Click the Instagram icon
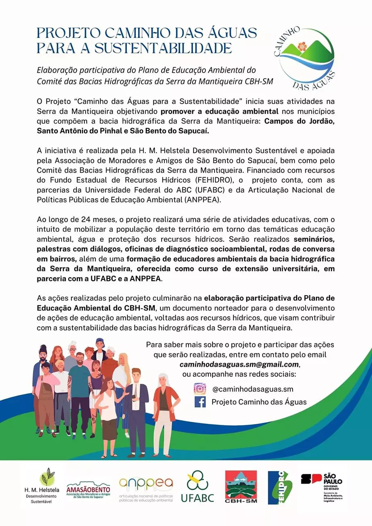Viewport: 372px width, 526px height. tap(200, 389)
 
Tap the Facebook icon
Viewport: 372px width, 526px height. tap(200, 402)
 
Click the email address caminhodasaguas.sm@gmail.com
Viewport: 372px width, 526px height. tap(239, 364)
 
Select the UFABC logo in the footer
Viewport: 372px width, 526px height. tap(198, 488)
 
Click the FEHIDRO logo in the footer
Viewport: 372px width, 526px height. tap(280, 488)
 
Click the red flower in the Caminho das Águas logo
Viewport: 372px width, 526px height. tap(302, 47)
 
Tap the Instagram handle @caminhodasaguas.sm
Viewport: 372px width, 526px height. tap(253, 389)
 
